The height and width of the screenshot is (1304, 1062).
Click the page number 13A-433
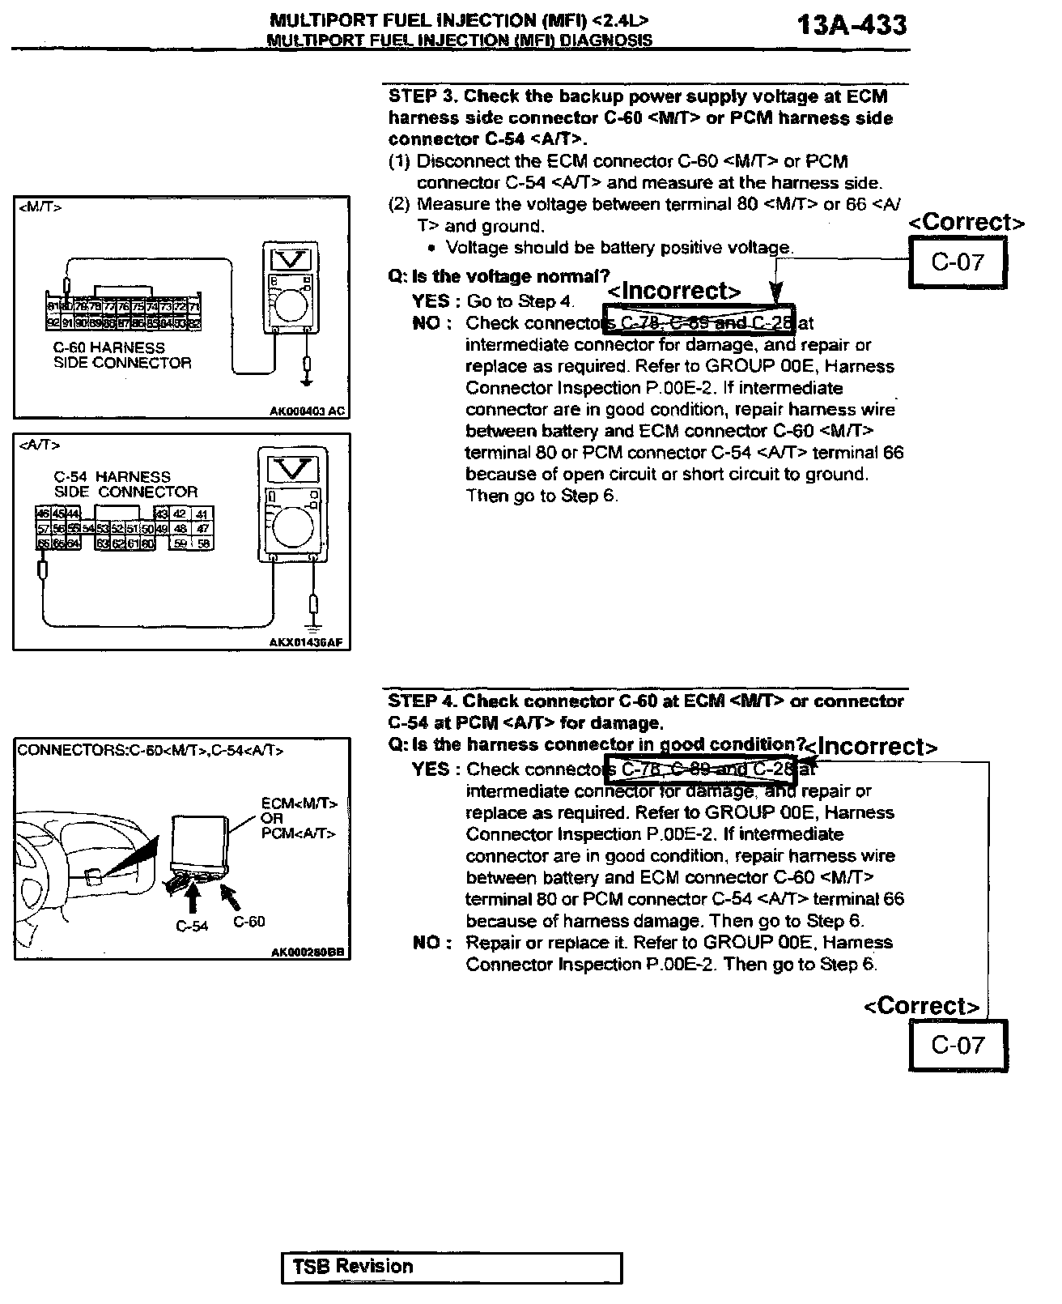click(x=852, y=25)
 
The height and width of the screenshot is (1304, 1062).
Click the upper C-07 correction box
click(x=958, y=262)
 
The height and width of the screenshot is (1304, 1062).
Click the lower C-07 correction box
click(x=958, y=1045)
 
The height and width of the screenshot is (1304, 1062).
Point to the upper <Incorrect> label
click(x=674, y=291)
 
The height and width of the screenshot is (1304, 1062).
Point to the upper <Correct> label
click(x=966, y=222)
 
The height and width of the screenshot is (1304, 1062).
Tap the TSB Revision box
click(x=452, y=1268)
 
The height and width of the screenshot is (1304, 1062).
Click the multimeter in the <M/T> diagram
click(x=289, y=288)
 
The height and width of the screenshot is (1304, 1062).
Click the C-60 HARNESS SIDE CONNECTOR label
click(x=122, y=356)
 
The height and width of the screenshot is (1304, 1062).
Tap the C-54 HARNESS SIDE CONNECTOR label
click(x=125, y=484)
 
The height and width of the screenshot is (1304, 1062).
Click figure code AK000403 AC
click(x=307, y=411)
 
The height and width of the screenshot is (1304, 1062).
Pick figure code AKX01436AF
click(x=305, y=643)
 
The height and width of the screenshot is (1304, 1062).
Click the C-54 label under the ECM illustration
click(x=192, y=926)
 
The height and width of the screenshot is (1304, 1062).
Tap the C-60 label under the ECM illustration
click(x=249, y=922)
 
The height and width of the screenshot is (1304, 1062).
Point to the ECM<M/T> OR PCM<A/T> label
click(x=299, y=818)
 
